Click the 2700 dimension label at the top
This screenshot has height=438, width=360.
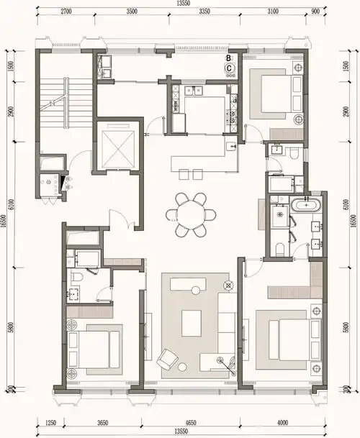[x=68, y=12]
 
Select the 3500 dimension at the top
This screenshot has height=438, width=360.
[x=132, y=12]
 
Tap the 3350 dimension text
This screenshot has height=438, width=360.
[x=204, y=12]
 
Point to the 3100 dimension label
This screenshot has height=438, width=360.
[x=271, y=12]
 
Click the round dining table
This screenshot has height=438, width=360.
[x=191, y=214]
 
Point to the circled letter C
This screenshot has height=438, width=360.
[x=230, y=68]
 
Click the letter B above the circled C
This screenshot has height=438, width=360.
[x=229, y=56]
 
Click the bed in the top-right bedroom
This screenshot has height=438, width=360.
[x=272, y=96]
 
